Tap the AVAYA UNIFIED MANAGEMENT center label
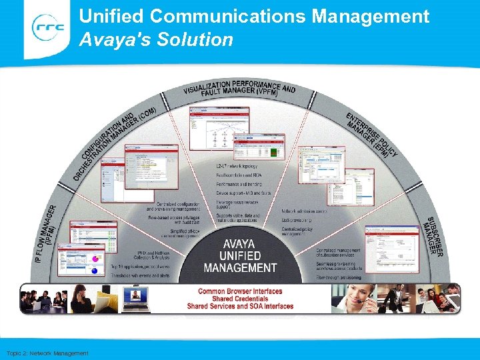(240, 256)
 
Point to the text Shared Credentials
(240, 299)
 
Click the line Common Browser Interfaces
(240, 291)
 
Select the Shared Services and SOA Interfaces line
(240, 306)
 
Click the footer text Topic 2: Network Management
(47, 353)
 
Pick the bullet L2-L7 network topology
(237, 165)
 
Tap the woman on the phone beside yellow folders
(83, 298)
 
